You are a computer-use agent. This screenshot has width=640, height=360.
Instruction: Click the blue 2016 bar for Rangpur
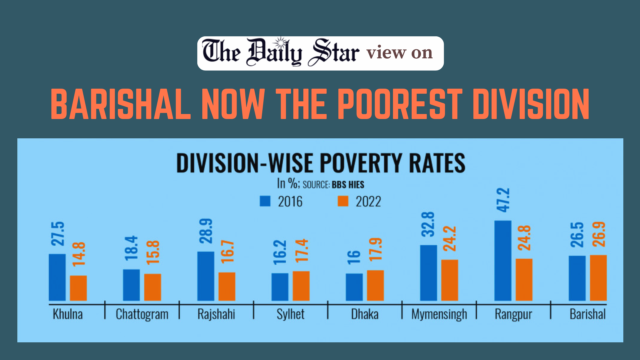point(503,261)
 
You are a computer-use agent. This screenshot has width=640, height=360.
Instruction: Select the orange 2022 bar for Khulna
point(78,288)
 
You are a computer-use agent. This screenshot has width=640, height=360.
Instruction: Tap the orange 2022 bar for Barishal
point(598,278)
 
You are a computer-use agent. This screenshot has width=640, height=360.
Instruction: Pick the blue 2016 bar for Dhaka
point(354,287)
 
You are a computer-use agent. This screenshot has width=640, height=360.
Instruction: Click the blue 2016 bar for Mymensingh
point(428,273)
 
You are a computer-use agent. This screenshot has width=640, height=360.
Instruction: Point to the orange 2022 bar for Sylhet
point(301,286)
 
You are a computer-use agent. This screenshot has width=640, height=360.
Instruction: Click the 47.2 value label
point(503,200)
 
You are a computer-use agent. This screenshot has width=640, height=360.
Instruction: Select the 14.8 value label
point(79,254)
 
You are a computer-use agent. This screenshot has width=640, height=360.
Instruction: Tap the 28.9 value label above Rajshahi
point(206,231)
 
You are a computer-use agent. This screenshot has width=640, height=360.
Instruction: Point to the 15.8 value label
point(153,252)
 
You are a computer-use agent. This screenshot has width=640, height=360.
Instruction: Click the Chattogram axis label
point(142,314)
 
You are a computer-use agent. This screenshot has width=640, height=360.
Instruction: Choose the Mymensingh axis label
point(439,314)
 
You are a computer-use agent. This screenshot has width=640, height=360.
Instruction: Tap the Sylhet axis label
point(290,314)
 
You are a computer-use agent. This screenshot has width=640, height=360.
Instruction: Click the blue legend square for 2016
point(265,201)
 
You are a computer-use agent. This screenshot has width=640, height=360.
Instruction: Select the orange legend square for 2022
point(343,201)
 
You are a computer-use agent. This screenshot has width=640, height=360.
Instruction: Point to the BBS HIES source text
point(348,185)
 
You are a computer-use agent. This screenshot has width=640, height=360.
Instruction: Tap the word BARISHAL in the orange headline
point(121,104)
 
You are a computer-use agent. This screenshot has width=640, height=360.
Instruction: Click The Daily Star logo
point(281,53)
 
